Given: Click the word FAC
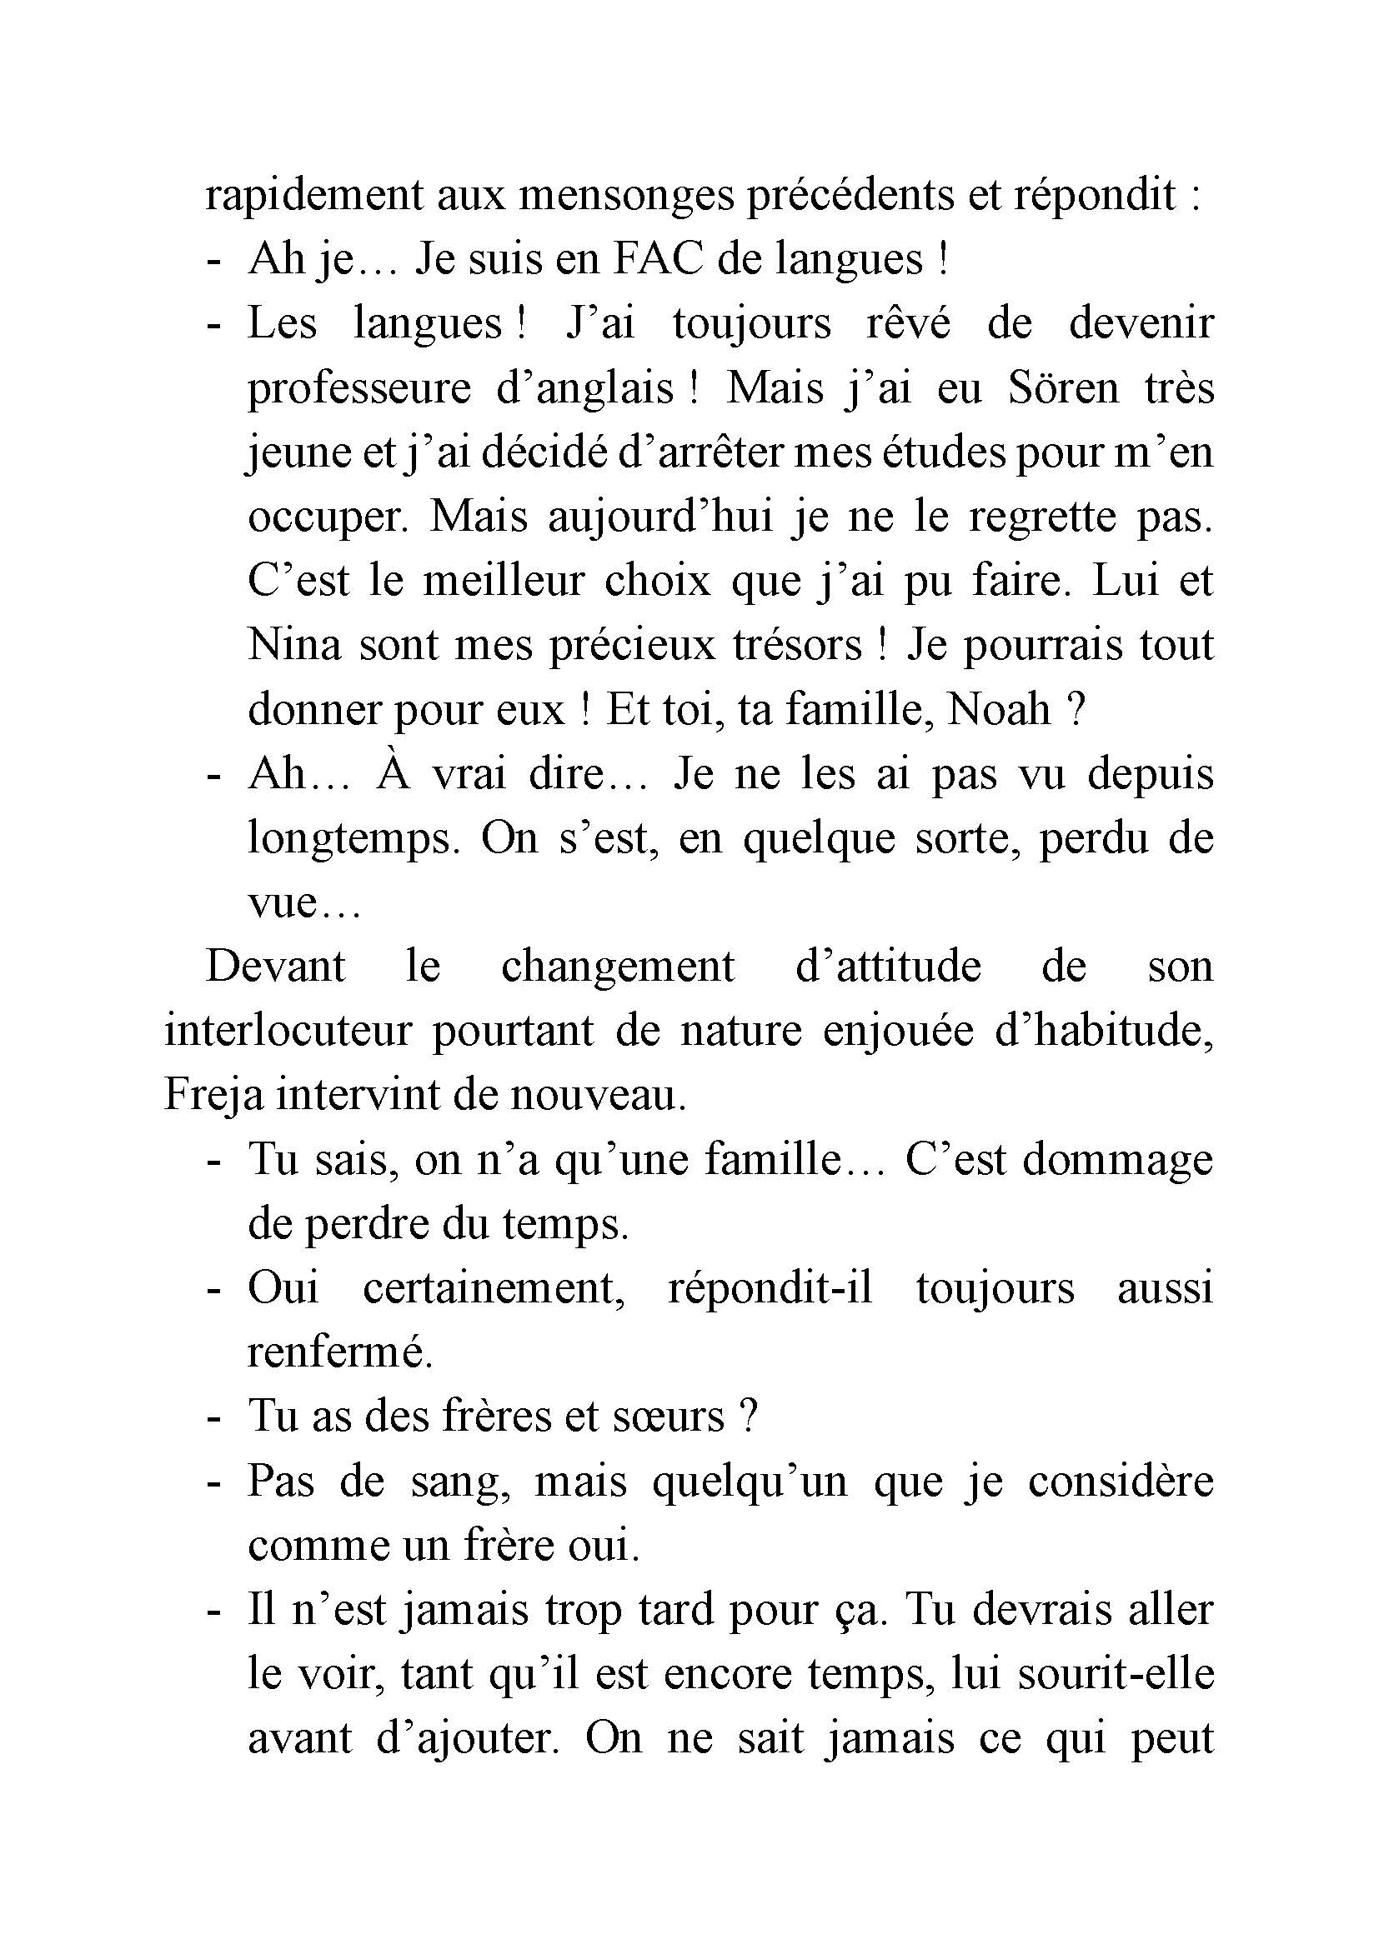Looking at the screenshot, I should (x=657, y=259).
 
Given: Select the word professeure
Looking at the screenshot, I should (x=359, y=388).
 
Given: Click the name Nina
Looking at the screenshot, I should (x=293, y=645).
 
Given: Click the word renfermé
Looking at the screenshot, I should (x=339, y=1352).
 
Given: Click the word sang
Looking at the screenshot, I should (x=459, y=1482).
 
